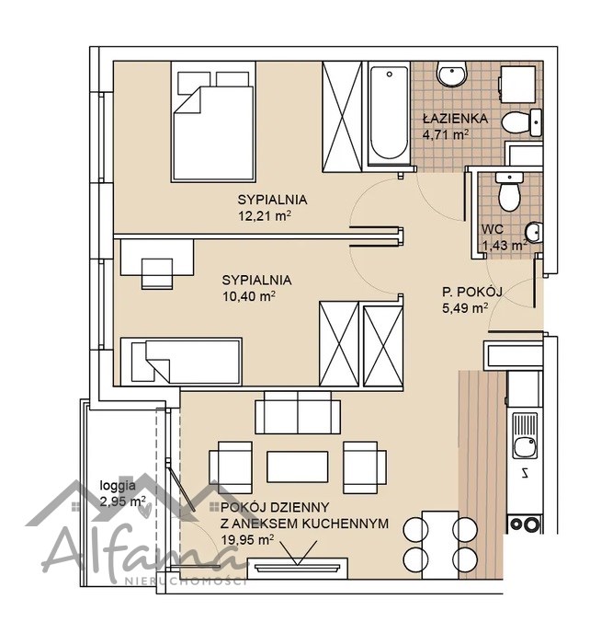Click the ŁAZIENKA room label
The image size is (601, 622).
(455, 119)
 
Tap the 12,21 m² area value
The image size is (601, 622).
(265, 216)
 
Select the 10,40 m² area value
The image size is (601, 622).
(249, 296)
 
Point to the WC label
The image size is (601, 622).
(493, 229)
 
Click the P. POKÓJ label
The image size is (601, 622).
(472, 293)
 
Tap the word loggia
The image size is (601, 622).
(118, 485)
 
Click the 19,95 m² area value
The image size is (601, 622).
(247, 540)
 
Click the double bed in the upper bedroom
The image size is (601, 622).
(213, 121)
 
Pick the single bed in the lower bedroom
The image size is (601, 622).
(181, 362)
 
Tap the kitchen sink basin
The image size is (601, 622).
(524, 447)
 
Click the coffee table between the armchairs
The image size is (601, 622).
(298, 466)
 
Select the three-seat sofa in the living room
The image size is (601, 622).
(298, 412)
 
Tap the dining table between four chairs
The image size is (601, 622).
(440, 545)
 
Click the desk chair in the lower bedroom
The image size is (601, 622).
(157, 273)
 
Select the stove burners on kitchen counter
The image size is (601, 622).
(525, 524)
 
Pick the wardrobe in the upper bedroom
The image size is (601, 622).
(342, 117)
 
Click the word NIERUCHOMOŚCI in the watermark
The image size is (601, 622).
(186, 582)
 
